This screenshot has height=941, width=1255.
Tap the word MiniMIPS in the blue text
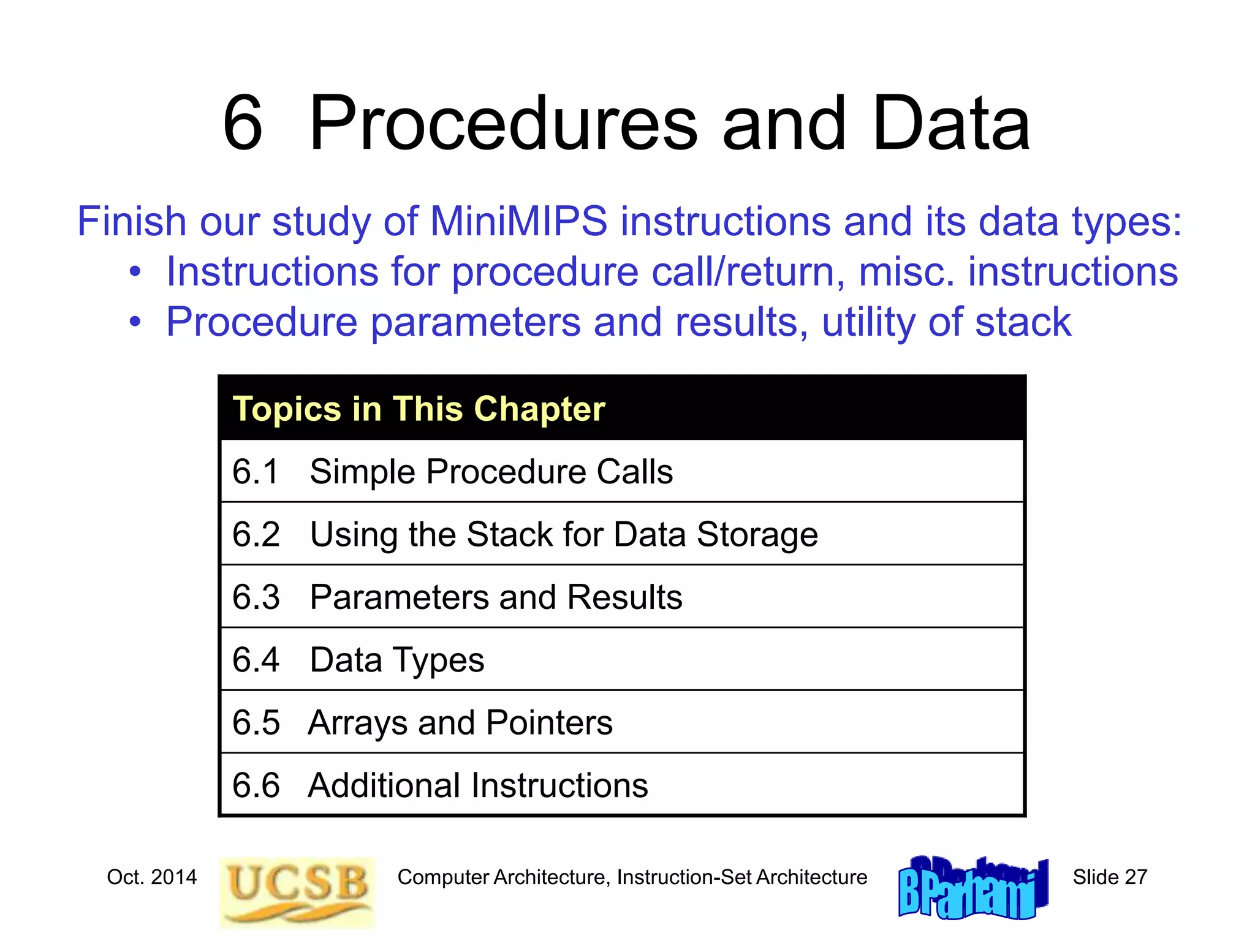[518, 221]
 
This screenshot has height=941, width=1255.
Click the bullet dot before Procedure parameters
[135, 321]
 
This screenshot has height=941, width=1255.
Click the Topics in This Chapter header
[419, 409]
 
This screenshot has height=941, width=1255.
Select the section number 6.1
[256, 472]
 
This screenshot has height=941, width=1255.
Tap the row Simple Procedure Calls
[491, 472]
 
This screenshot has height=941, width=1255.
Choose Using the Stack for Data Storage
[564, 534]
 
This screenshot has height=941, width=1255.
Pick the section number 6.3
[256, 597]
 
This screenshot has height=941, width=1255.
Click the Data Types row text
[396, 660]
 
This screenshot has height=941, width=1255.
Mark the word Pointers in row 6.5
[548, 723]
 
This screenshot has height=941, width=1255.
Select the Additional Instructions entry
[477, 785]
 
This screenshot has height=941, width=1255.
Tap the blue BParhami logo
[973, 888]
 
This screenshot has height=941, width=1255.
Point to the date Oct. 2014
[151, 877]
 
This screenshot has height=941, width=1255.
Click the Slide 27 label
[1109, 877]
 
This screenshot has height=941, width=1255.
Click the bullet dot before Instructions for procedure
[135, 271]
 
